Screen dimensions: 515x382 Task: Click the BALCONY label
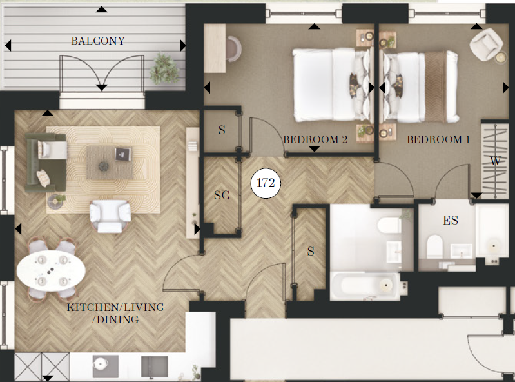coord(98,41)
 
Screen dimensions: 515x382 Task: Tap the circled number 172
coord(266,183)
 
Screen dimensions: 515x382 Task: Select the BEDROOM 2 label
coord(315,140)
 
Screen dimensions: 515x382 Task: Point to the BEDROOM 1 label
coord(438,140)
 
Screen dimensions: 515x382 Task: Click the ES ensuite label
coord(451,220)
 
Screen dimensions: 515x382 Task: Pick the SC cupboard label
coord(222,196)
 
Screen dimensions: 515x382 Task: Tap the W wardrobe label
coord(495,161)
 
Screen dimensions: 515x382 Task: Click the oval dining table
coord(51,271)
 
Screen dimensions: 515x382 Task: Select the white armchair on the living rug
coord(110,216)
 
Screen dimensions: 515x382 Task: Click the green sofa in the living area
coord(46,162)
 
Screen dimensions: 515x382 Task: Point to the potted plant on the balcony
coord(164,69)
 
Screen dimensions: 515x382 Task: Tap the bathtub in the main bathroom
coord(365,286)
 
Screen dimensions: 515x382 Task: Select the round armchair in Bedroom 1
coord(486,45)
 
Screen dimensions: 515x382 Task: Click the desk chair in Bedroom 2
coord(234,48)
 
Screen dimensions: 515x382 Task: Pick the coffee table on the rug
coord(110,163)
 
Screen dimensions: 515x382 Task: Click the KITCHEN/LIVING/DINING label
coord(115,314)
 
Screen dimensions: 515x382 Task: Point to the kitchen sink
coord(154,367)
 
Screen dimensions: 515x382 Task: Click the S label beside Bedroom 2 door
coord(222,130)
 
